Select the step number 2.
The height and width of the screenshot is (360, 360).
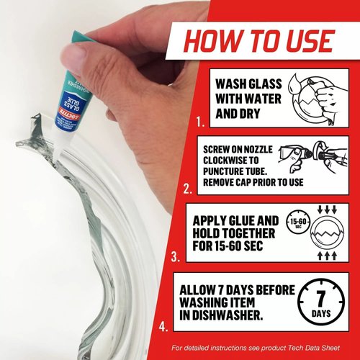[x=186, y=190]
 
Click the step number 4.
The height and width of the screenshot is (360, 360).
[x=165, y=325]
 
